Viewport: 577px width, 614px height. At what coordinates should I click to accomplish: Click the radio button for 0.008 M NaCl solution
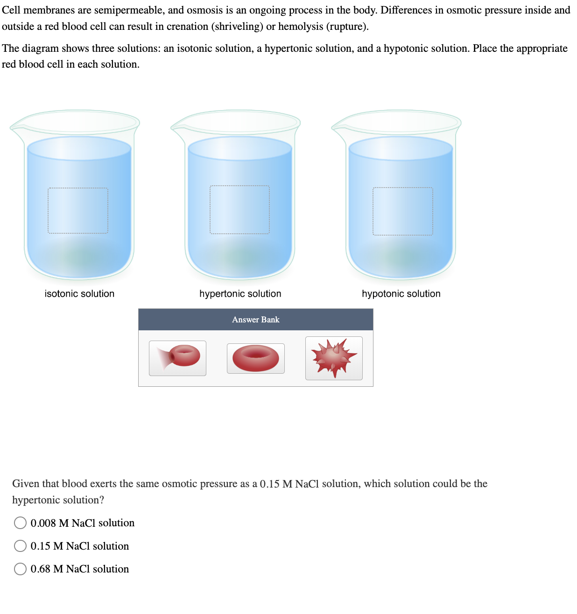point(20,523)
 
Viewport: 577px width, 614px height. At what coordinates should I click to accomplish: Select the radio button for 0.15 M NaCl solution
point(20,545)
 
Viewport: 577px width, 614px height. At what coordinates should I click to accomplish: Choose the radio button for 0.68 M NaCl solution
point(20,569)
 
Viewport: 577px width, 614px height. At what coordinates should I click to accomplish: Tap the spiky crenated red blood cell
point(334,358)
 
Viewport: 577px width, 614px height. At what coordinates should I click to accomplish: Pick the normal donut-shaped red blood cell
point(255,358)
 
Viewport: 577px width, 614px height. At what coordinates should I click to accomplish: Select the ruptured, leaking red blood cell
point(178,358)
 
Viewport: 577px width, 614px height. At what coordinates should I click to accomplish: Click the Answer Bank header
point(255,320)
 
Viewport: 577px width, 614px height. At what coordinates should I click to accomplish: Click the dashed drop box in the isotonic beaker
point(77,210)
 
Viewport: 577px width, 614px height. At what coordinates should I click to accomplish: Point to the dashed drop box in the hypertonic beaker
point(239,209)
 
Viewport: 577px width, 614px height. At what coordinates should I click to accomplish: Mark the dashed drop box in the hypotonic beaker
point(402,211)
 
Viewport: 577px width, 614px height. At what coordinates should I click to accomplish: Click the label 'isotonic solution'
point(79,293)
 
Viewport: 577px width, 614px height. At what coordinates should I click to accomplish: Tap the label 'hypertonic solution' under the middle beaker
point(240,293)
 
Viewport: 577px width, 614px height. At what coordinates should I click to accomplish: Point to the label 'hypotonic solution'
point(401,293)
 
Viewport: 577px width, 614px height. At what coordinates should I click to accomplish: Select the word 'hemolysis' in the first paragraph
point(300,27)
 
